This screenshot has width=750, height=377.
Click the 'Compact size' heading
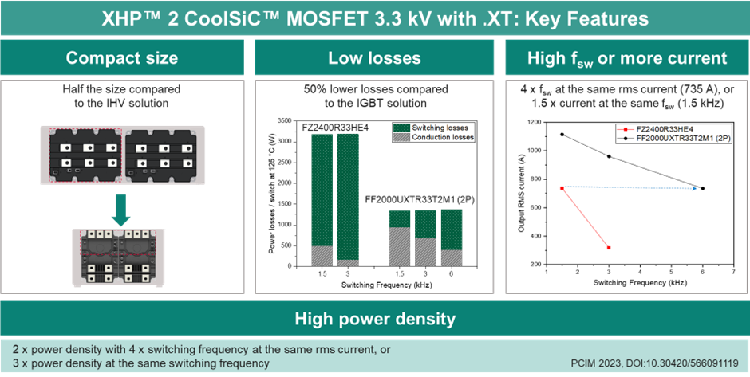pos(122,57)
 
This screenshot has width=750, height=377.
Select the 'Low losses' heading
pos(373,57)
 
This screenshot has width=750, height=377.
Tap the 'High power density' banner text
pos(374,320)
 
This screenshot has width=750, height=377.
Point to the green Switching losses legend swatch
pos(401,127)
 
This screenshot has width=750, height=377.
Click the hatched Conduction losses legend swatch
pos(401,137)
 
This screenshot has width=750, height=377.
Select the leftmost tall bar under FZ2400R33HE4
pos(321,199)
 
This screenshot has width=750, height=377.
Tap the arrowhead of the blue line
pos(696,189)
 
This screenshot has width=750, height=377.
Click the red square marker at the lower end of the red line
pos(609,248)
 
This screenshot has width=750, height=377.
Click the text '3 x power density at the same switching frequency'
pos(140,363)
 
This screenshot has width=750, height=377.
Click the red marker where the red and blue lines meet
pos(562,188)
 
